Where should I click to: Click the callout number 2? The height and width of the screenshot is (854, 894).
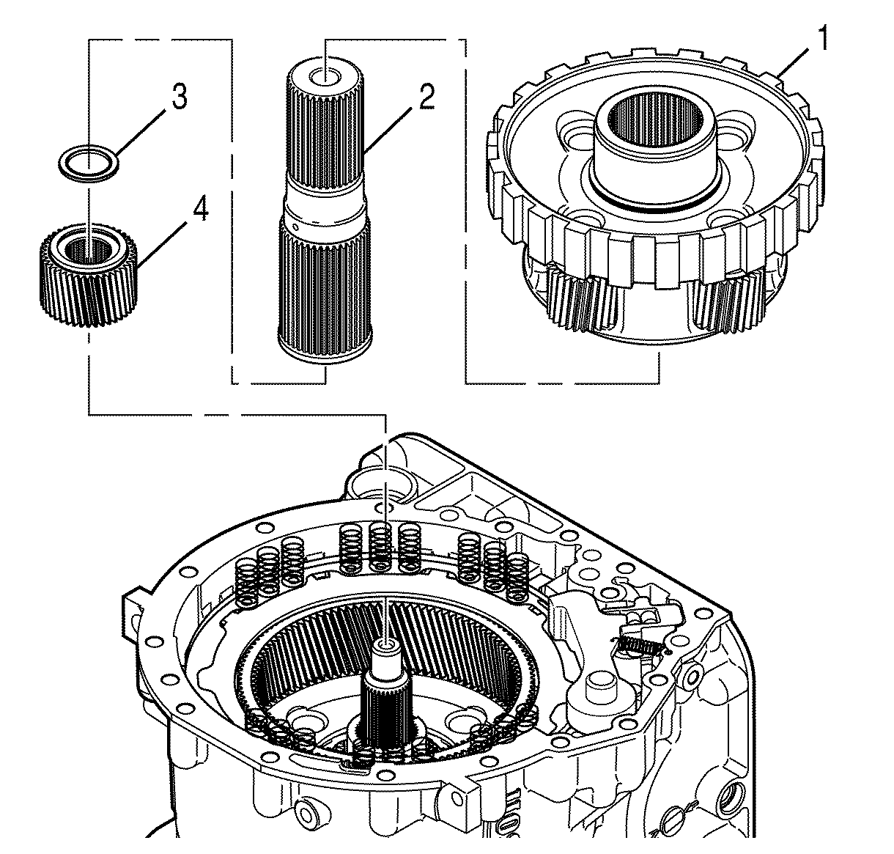click(426, 96)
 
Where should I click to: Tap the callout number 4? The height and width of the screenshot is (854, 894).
click(200, 210)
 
